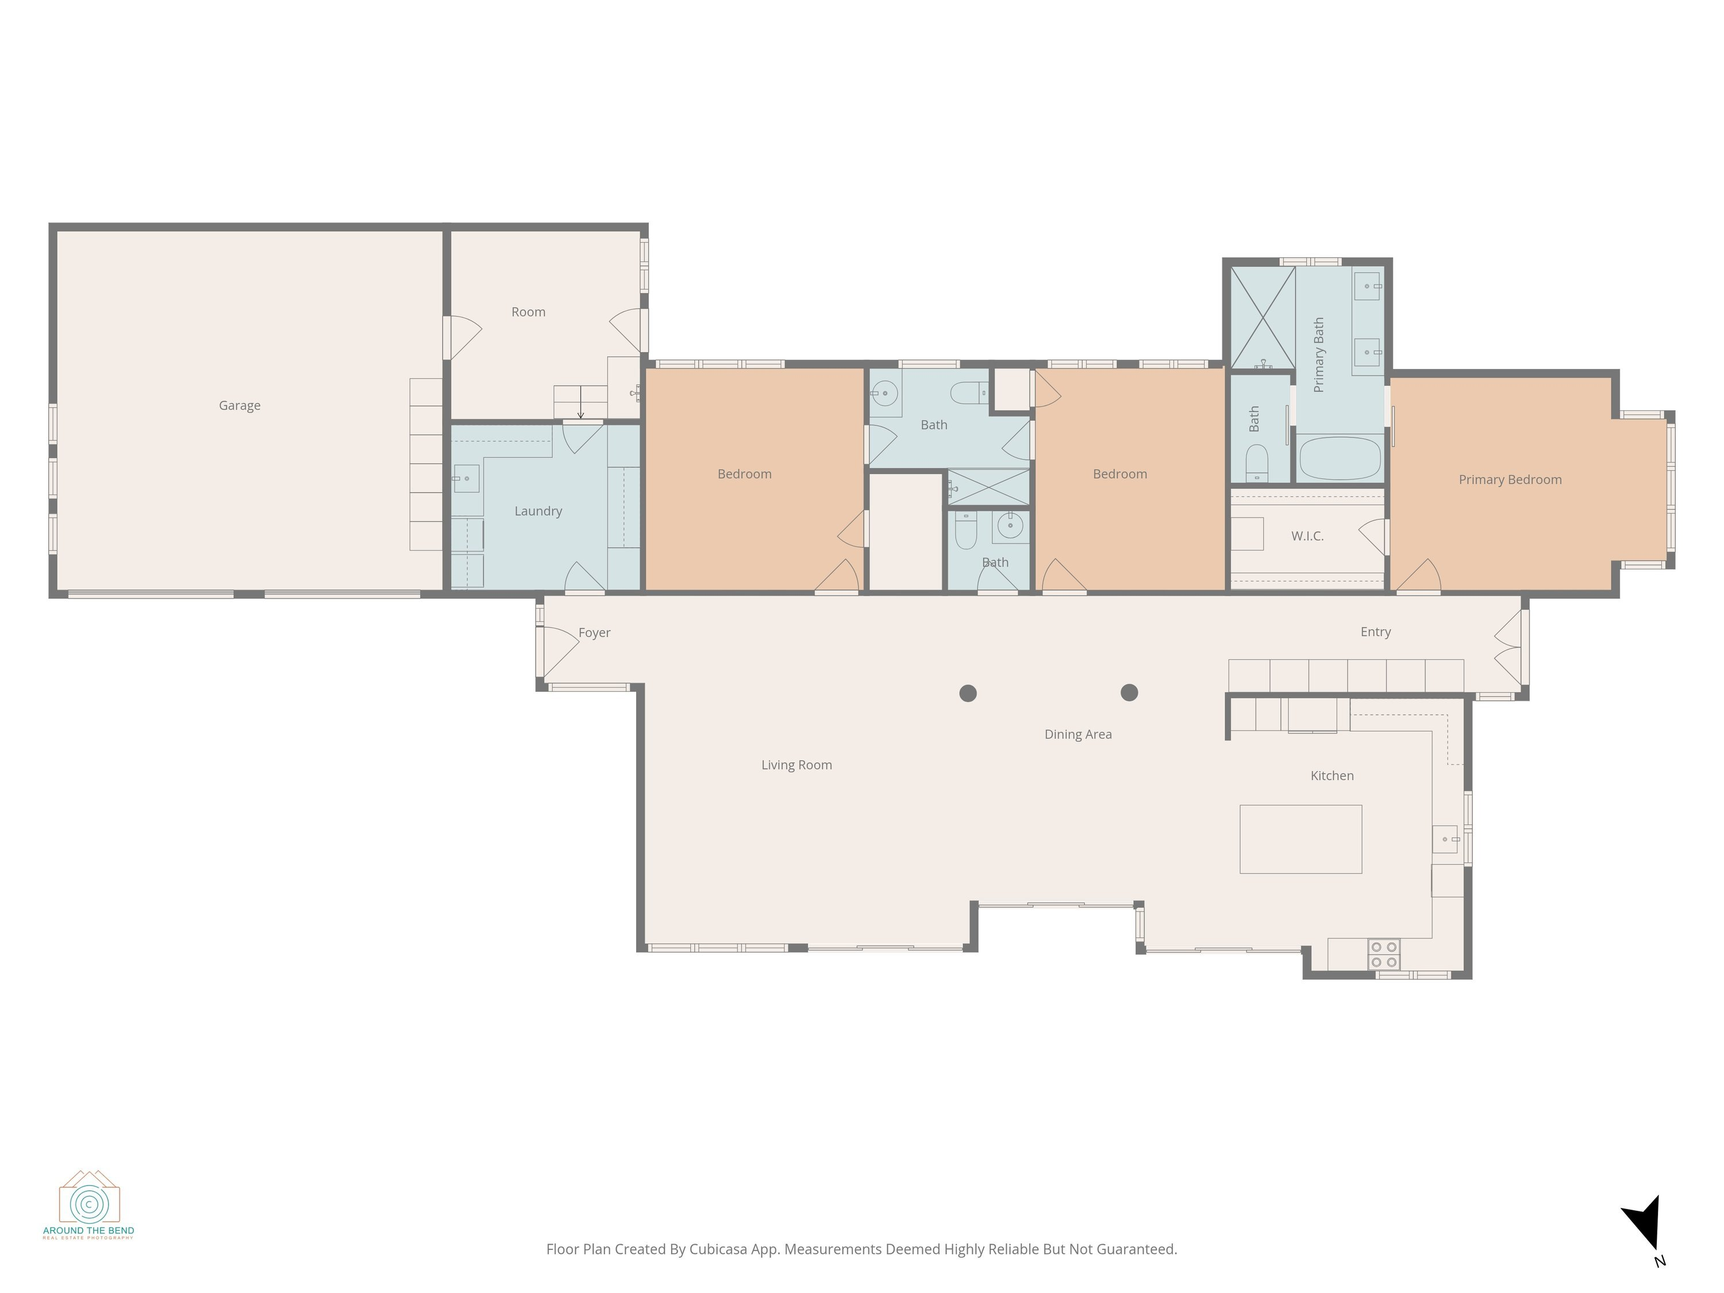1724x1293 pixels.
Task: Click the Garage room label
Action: pyautogui.click(x=239, y=405)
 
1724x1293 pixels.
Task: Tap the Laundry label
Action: pyautogui.click(x=538, y=511)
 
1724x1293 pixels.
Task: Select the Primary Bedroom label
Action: pyautogui.click(x=1510, y=480)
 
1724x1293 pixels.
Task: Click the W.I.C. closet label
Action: pyautogui.click(x=1307, y=536)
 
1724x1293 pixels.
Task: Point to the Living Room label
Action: pyautogui.click(x=796, y=765)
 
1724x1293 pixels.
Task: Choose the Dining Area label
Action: pyautogui.click(x=1078, y=734)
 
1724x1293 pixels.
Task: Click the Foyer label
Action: pyautogui.click(x=594, y=633)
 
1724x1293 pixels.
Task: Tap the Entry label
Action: pyautogui.click(x=1376, y=632)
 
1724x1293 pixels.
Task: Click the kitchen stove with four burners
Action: pyautogui.click(x=1383, y=955)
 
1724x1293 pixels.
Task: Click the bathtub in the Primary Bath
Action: pyautogui.click(x=1340, y=458)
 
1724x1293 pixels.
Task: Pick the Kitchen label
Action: pyautogui.click(x=1332, y=775)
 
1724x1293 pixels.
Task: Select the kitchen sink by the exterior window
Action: pyautogui.click(x=1445, y=840)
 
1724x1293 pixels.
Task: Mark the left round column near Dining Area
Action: pyautogui.click(x=968, y=693)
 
